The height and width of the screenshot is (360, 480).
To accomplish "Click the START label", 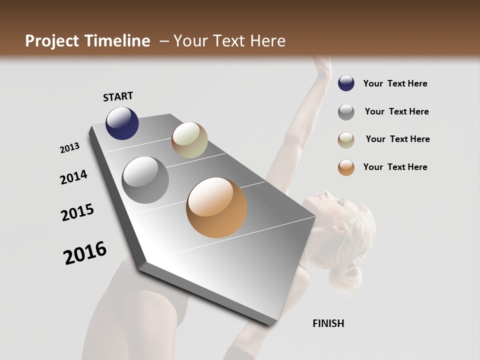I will [x=118, y=96].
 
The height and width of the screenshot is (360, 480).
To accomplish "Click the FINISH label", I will [x=328, y=323].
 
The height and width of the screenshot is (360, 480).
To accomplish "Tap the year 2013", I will [x=70, y=148].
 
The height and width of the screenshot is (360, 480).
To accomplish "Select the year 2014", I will [x=74, y=177].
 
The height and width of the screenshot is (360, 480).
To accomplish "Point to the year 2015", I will [x=77, y=212].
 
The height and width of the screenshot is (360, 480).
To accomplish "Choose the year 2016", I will [x=85, y=253].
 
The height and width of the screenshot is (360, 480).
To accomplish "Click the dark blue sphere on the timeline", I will [x=122, y=123].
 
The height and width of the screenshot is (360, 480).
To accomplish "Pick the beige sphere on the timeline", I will [x=189, y=140].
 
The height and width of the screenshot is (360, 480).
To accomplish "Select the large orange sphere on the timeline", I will [x=216, y=207].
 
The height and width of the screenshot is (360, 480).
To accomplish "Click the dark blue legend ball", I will [x=346, y=83].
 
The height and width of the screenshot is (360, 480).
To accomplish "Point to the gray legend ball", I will [x=346, y=112].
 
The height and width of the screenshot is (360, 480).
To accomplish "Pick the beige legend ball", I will [x=346, y=139].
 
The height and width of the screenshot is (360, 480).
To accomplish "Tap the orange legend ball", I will [x=346, y=167].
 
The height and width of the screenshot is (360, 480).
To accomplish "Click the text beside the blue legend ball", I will [x=395, y=83].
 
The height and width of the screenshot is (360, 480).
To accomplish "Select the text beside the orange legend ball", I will [x=395, y=167].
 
